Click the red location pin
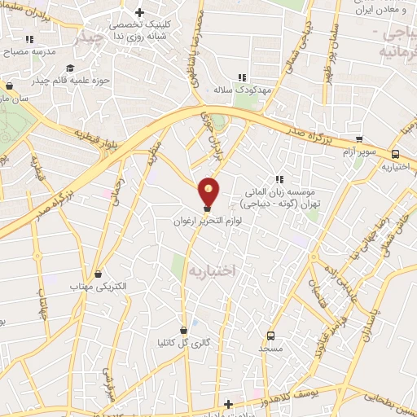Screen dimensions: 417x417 (x=209, y=191)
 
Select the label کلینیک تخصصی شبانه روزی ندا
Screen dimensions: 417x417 (x=141, y=30)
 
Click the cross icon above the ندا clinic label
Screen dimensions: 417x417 (x=141, y=13)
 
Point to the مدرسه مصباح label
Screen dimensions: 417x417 (x=32, y=51)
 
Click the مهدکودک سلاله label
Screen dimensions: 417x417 (x=242, y=90)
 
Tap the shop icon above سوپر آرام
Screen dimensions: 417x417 (x=359, y=139)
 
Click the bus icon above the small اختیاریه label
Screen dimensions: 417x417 (x=395, y=154)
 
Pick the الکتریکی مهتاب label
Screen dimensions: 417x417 (x=99, y=288)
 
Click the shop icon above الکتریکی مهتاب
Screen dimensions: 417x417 (x=99, y=274)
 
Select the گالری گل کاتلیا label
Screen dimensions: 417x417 (x=183, y=343)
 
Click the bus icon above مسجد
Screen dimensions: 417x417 (x=270, y=335)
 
